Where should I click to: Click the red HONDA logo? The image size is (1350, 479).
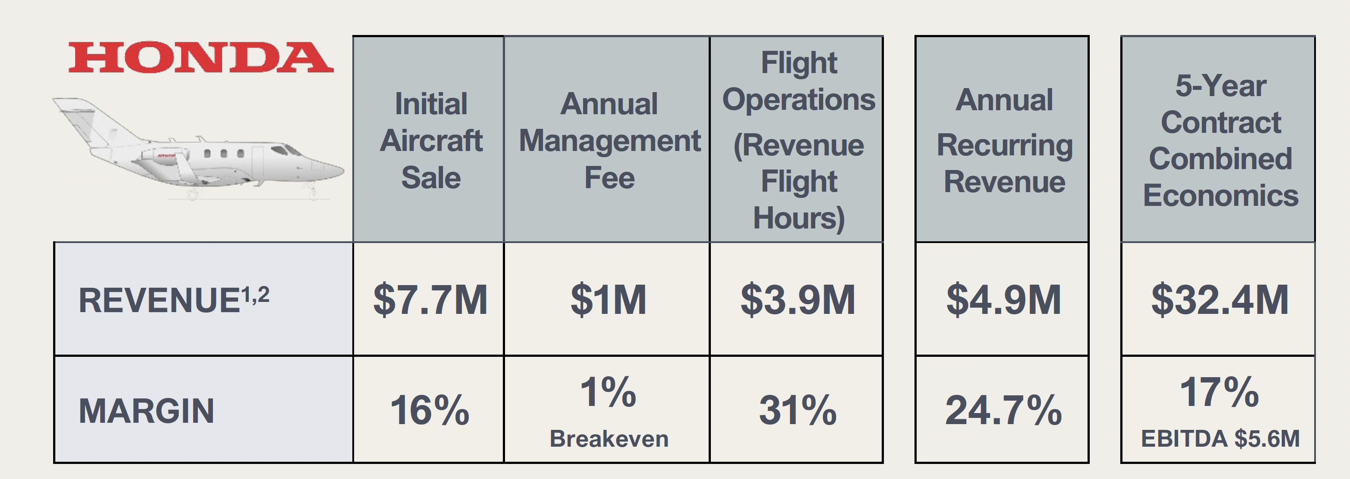click(201, 57)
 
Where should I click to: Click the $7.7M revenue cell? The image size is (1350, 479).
click(430, 300)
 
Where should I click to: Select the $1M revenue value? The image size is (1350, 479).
click(608, 300)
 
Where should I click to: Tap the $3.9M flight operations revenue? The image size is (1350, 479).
click(798, 300)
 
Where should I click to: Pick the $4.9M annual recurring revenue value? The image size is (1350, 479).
click(1003, 300)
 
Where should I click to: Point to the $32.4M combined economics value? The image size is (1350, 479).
click(1219, 300)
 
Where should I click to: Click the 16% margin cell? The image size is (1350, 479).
click(430, 410)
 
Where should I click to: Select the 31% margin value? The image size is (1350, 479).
click(798, 410)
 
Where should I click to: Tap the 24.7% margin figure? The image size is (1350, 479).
click(1003, 410)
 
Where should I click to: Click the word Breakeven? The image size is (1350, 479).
click(609, 439)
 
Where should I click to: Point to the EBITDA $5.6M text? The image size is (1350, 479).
click(1220, 439)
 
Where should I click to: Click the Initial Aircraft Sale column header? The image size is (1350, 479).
click(431, 140)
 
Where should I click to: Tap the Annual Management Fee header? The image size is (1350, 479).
click(609, 140)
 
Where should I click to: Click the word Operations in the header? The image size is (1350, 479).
click(798, 100)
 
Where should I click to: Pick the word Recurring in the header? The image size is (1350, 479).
click(1004, 145)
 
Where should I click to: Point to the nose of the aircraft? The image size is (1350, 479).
click(336, 170)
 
